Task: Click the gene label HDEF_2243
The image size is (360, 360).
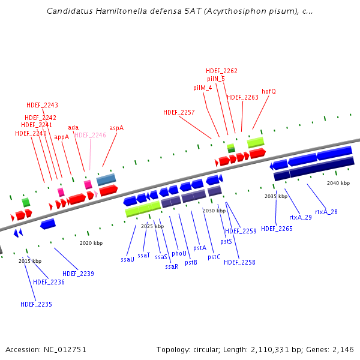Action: (x=42, y=106)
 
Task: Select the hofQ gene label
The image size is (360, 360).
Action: (x=268, y=91)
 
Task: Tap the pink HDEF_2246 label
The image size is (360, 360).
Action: (x=90, y=135)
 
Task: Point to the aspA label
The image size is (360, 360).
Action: (x=116, y=128)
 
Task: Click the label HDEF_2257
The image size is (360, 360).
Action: (x=179, y=112)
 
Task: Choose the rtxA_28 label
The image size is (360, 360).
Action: (x=326, y=212)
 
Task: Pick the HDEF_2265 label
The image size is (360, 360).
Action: (x=277, y=229)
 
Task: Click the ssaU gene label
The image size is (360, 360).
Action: (x=127, y=260)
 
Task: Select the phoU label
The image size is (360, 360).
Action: (x=179, y=254)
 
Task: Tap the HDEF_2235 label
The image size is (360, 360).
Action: (x=36, y=304)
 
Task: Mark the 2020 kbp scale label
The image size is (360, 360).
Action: (x=91, y=243)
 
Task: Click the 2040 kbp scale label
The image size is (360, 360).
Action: (x=338, y=183)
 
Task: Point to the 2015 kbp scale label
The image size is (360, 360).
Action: (x=30, y=261)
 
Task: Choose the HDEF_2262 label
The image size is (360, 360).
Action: (x=221, y=71)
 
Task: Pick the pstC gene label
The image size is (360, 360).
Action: (x=214, y=257)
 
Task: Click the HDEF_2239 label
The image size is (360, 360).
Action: (x=78, y=274)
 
